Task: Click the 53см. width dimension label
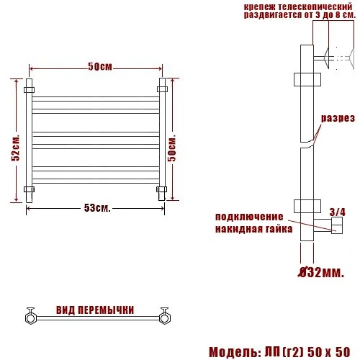tap(97, 208)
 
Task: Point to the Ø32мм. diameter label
tap(321, 272)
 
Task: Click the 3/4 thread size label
tap(338, 212)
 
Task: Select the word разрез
tap(338, 118)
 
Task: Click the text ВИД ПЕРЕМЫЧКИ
tap(95, 310)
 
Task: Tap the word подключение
tap(249, 217)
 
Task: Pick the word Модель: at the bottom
tap(235, 352)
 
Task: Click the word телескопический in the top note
tap(315, 6)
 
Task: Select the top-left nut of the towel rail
tap(29, 90)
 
